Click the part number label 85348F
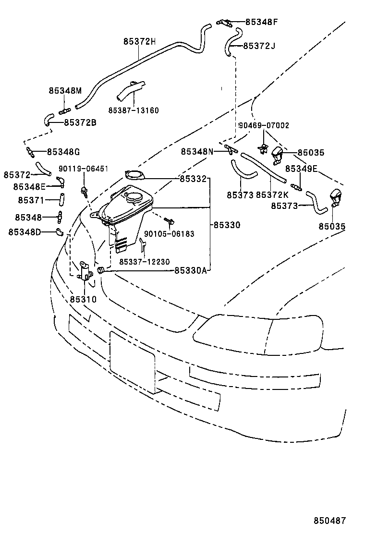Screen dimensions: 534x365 [261, 22]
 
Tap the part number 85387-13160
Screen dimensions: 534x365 [134, 110]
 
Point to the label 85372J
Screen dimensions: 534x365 [259, 46]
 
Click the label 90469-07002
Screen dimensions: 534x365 [264, 125]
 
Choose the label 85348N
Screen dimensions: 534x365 [197, 151]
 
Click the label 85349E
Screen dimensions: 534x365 [301, 169]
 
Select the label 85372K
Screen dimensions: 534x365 [272, 194]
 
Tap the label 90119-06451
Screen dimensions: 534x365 [84, 169]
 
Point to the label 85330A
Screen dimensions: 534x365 [190, 271]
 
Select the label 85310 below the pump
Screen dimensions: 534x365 [83, 299]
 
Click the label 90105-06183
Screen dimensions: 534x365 [169, 234]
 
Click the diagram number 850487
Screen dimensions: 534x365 [330, 521]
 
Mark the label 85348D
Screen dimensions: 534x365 [24, 232]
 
